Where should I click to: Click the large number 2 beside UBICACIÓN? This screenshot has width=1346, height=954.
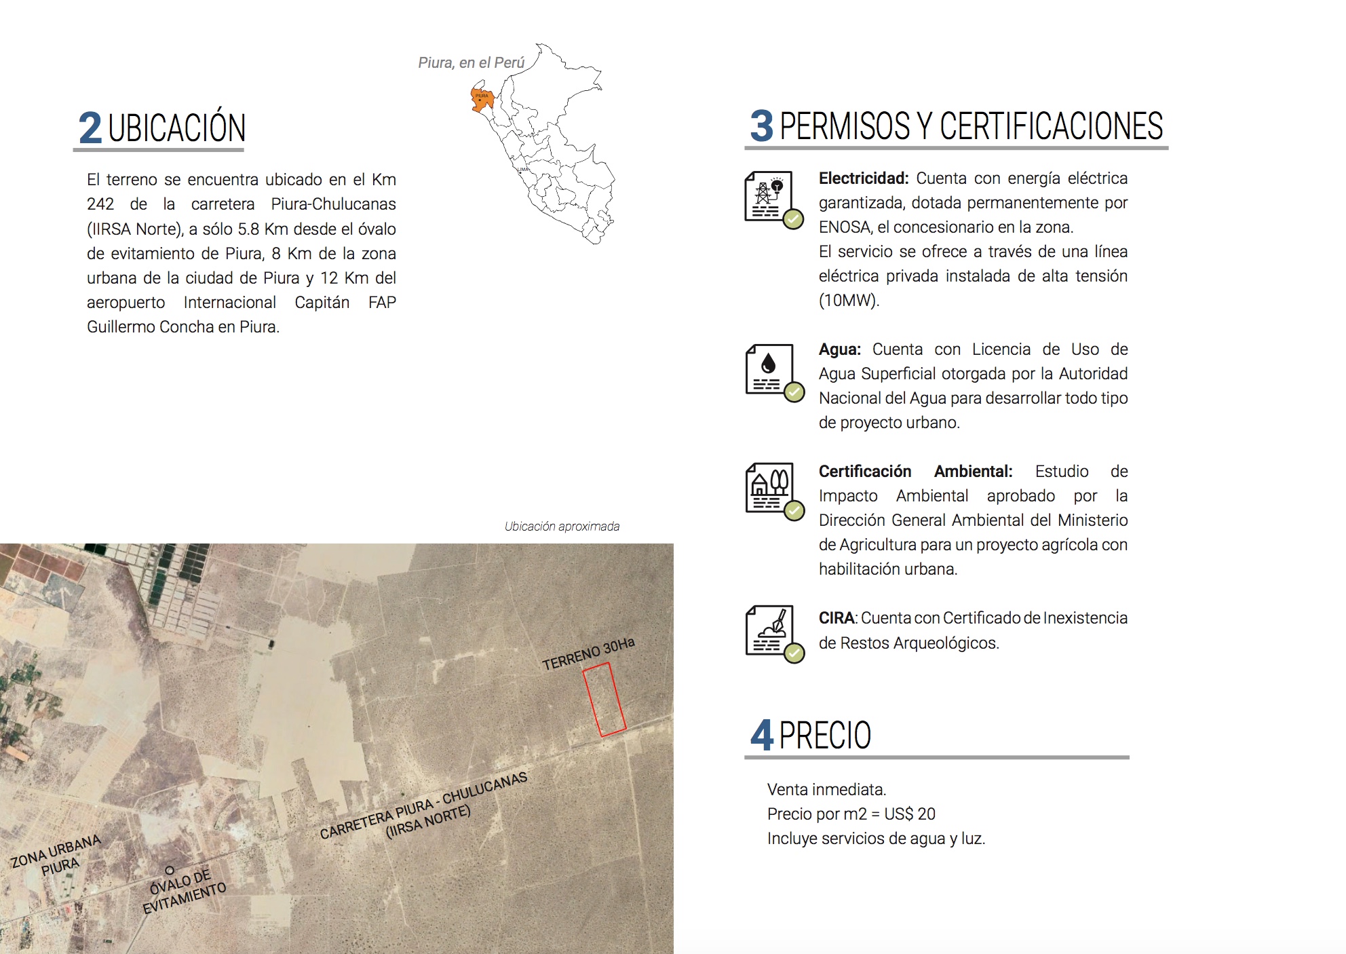90,128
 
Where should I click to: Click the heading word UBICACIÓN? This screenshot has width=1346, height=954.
176,128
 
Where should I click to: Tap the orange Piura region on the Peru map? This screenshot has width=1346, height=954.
482,98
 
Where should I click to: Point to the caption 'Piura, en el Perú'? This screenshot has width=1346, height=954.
471,62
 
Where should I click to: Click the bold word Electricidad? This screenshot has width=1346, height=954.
863,178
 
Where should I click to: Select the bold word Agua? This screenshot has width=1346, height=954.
839,349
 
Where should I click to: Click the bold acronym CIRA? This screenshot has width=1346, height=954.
836,618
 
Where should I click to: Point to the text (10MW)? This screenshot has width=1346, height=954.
849,301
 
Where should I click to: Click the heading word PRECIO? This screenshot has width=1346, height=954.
825,735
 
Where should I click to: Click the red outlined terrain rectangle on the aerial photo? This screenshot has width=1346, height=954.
604,700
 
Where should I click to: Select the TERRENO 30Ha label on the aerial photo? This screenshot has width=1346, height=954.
588,654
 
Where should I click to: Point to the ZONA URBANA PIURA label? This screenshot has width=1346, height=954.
57,856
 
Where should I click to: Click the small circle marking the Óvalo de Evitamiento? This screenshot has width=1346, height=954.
170,870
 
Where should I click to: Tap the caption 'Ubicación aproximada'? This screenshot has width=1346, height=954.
562,527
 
